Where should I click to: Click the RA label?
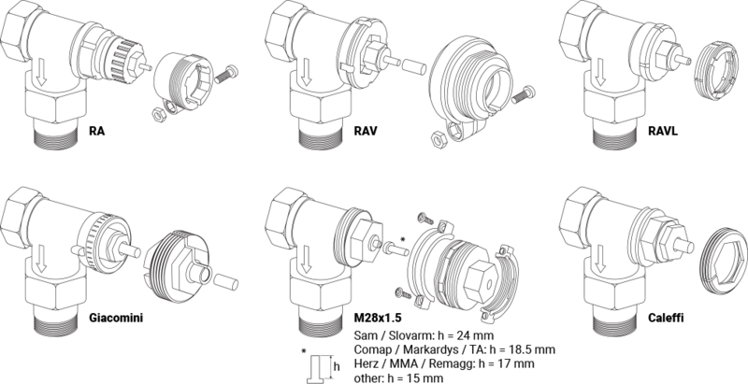point(95,131)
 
